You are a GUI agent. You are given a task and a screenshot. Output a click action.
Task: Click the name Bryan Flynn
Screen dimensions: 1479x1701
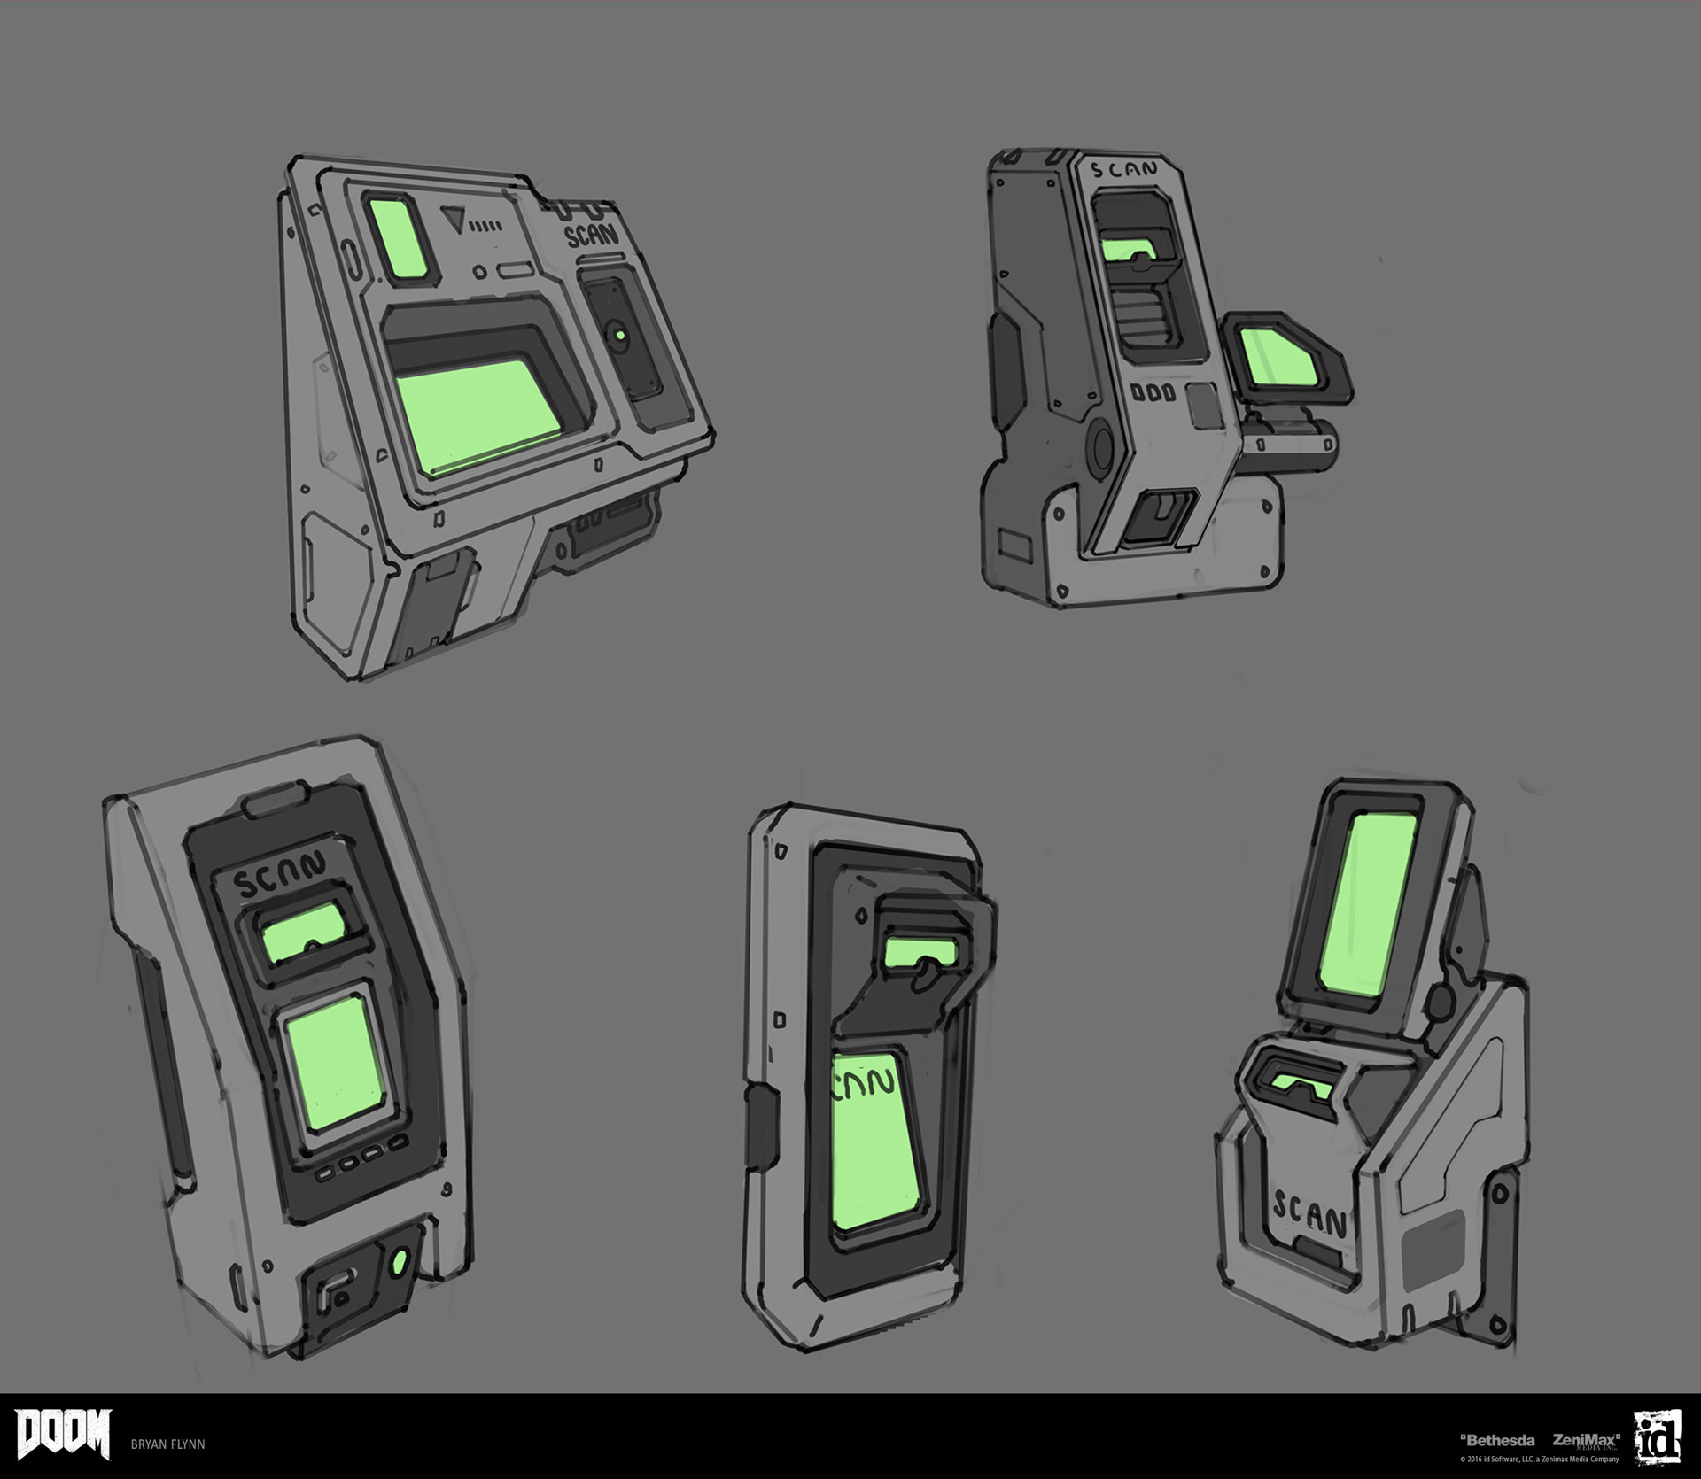click(x=168, y=1444)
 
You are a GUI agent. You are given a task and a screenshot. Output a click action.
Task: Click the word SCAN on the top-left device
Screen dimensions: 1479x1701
click(x=592, y=234)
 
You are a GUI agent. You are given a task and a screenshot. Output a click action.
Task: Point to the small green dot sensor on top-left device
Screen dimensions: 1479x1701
click(x=619, y=336)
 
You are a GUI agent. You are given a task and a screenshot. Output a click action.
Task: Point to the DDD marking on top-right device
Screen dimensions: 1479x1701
click(x=1153, y=391)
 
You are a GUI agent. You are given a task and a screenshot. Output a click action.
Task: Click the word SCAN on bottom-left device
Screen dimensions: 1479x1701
click(x=280, y=860)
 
